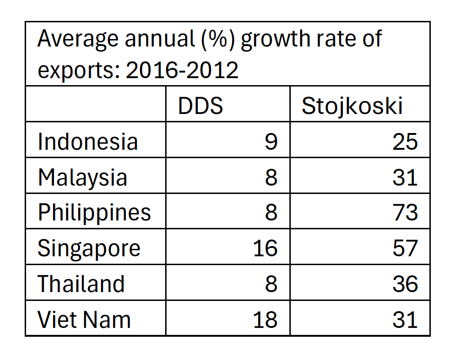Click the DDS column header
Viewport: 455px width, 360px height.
pos(201,107)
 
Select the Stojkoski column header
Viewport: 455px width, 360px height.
pos(352,107)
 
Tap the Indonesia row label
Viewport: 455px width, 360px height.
pos(88,141)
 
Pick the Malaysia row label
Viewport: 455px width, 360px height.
pos(82,177)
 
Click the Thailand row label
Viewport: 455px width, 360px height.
pos(81,284)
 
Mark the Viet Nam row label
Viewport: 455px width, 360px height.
pos(84,320)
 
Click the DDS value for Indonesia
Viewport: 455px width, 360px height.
pos(271,141)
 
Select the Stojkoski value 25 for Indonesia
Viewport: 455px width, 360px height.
pos(405,141)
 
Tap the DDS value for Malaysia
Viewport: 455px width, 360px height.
pos(271,177)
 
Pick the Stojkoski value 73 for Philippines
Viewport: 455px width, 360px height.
pos(405,213)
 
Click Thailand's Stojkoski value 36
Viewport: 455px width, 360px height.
pos(405,284)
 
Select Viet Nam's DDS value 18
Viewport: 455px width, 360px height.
pos(265,320)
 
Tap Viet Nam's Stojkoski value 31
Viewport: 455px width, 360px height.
pos(405,320)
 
